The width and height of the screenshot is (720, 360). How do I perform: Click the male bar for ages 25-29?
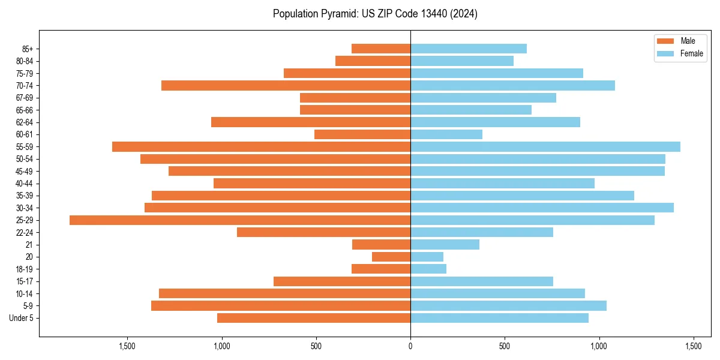(240, 220)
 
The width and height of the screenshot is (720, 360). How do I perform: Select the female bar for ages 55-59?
(545, 147)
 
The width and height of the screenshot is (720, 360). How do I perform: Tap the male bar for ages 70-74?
(286, 86)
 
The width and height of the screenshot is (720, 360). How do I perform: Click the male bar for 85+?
(381, 49)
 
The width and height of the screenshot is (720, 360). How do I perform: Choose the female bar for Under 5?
(499, 318)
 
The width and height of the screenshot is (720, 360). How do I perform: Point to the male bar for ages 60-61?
(362, 134)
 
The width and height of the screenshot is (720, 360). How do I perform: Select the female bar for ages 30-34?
(542, 208)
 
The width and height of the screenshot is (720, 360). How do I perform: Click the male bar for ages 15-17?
(342, 281)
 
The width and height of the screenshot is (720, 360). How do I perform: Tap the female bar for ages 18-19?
(428, 269)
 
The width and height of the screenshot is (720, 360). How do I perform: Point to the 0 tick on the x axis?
(410, 346)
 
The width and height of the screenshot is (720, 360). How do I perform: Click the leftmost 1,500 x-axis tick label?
(127, 346)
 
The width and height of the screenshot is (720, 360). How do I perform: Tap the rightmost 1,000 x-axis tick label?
(599, 346)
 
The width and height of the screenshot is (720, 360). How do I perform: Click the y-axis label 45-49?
(25, 172)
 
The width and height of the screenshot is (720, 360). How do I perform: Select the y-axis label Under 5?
(22, 318)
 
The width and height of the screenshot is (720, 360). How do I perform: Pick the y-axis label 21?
(29, 245)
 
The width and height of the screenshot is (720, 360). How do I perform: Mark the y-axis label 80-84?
(25, 61)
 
